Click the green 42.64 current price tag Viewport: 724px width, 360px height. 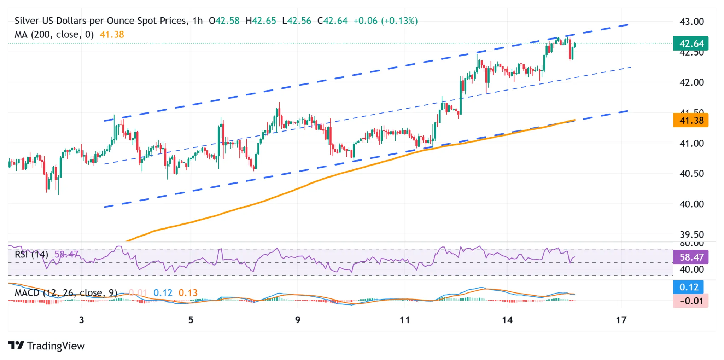[691, 43]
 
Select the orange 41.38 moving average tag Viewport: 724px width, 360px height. [691, 121]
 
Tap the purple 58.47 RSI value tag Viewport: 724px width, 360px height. [691, 257]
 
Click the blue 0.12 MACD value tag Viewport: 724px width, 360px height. [689, 287]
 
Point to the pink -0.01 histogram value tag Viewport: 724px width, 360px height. [691, 301]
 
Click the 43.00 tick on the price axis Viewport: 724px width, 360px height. [691, 22]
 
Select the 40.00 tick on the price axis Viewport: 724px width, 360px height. [691, 204]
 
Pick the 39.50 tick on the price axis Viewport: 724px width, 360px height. [691, 234]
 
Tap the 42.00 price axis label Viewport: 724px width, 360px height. [691, 82]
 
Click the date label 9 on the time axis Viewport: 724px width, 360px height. [298, 320]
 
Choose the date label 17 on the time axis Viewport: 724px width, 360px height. [621, 320]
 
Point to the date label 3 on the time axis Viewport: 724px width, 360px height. [82, 320]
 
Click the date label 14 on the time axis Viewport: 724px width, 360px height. [507, 320]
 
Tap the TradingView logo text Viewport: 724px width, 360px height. [56, 346]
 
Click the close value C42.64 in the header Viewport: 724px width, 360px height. [332, 21]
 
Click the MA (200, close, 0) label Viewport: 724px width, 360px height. [54, 35]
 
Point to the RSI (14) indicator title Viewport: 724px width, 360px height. [31, 255]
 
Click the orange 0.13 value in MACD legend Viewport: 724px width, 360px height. [188, 293]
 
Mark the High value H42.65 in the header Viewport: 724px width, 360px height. [261, 21]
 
